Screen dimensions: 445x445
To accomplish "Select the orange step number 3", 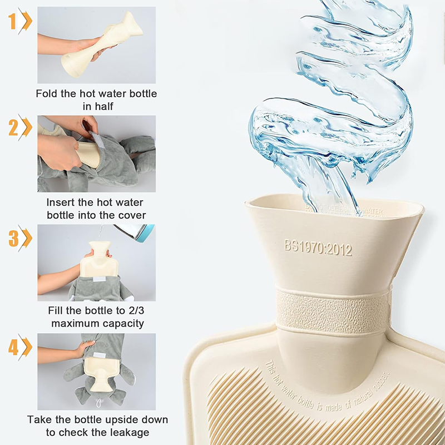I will tap(13, 238).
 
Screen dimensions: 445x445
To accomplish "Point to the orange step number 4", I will tap(13, 347).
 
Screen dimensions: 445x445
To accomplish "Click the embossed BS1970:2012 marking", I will tap(318, 246).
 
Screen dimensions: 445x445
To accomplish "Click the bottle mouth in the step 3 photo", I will tap(100, 245).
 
